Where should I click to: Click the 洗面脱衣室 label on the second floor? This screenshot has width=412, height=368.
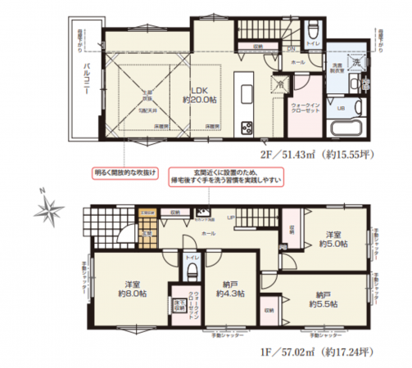coord(337,69)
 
